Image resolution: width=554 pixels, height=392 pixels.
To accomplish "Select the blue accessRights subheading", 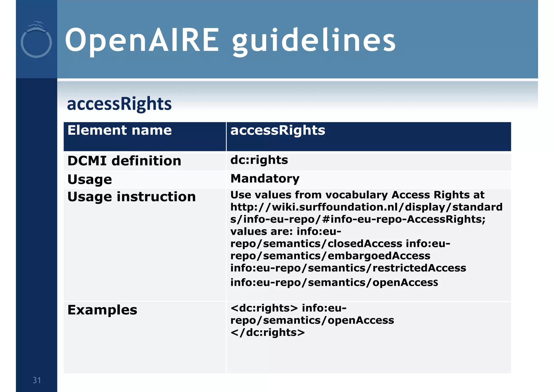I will point(119,104).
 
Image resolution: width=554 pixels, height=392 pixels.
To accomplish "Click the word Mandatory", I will point(265,179).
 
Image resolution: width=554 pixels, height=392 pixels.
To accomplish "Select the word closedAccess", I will point(365,244).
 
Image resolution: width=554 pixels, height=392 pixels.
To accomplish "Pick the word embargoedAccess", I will point(379,256).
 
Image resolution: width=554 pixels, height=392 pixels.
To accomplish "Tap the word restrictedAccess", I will point(419,268).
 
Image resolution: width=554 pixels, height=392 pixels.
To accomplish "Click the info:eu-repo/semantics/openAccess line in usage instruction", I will point(334,283).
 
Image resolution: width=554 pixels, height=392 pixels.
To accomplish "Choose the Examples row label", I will point(102,310).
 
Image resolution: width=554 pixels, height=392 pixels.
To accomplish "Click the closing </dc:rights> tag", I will point(268,333).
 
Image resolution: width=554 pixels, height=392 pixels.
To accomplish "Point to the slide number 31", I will point(37,380).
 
